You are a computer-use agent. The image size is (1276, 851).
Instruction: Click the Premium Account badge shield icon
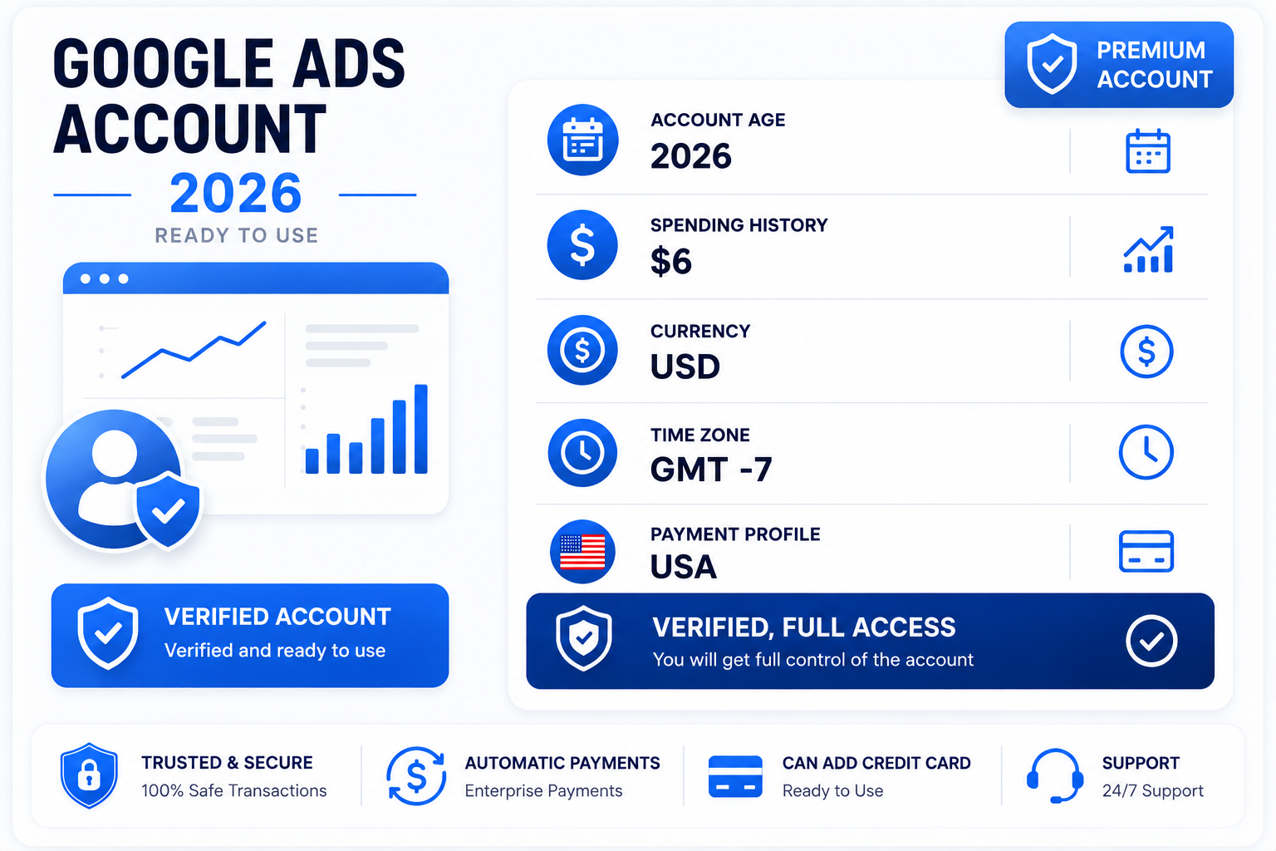(x=1052, y=64)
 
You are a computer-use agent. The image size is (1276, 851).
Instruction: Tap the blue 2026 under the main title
(x=235, y=194)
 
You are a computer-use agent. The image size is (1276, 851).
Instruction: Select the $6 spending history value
(x=671, y=261)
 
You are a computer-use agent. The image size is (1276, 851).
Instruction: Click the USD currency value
(x=685, y=366)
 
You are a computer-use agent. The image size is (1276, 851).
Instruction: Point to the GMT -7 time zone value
(x=711, y=469)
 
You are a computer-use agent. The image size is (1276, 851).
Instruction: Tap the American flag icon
(x=582, y=552)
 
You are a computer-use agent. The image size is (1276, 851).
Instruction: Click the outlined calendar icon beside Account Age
(x=1148, y=151)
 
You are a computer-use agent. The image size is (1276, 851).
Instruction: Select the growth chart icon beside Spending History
(x=1148, y=249)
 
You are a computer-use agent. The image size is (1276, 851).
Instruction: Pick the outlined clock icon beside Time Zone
(x=1146, y=452)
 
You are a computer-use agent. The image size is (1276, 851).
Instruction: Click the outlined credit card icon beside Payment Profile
(x=1146, y=551)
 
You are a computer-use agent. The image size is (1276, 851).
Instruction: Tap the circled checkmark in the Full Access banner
(x=1151, y=641)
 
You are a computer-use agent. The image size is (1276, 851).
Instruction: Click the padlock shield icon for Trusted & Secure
(x=89, y=775)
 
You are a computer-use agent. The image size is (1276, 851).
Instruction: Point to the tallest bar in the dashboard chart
(x=421, y=429)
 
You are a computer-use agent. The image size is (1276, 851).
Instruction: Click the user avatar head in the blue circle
(x=115, y=453)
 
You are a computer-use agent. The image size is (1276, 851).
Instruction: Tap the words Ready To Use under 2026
(x=237, y=235)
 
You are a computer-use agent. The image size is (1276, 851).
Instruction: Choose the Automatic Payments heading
(x=562, y=763)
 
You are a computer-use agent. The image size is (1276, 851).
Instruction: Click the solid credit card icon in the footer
(x=735, y=775)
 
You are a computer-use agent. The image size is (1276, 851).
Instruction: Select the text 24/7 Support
(x=1152, y=790)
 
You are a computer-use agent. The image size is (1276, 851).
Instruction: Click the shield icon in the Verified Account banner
(x=108, y=632)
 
